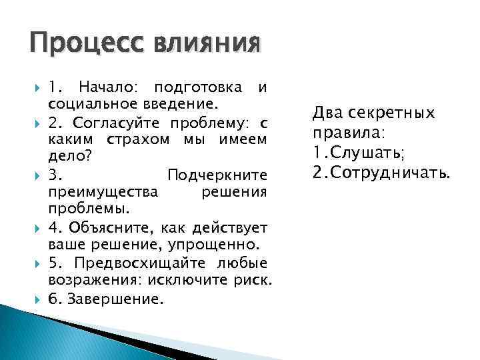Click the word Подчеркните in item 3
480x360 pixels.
tap(217, 175)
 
